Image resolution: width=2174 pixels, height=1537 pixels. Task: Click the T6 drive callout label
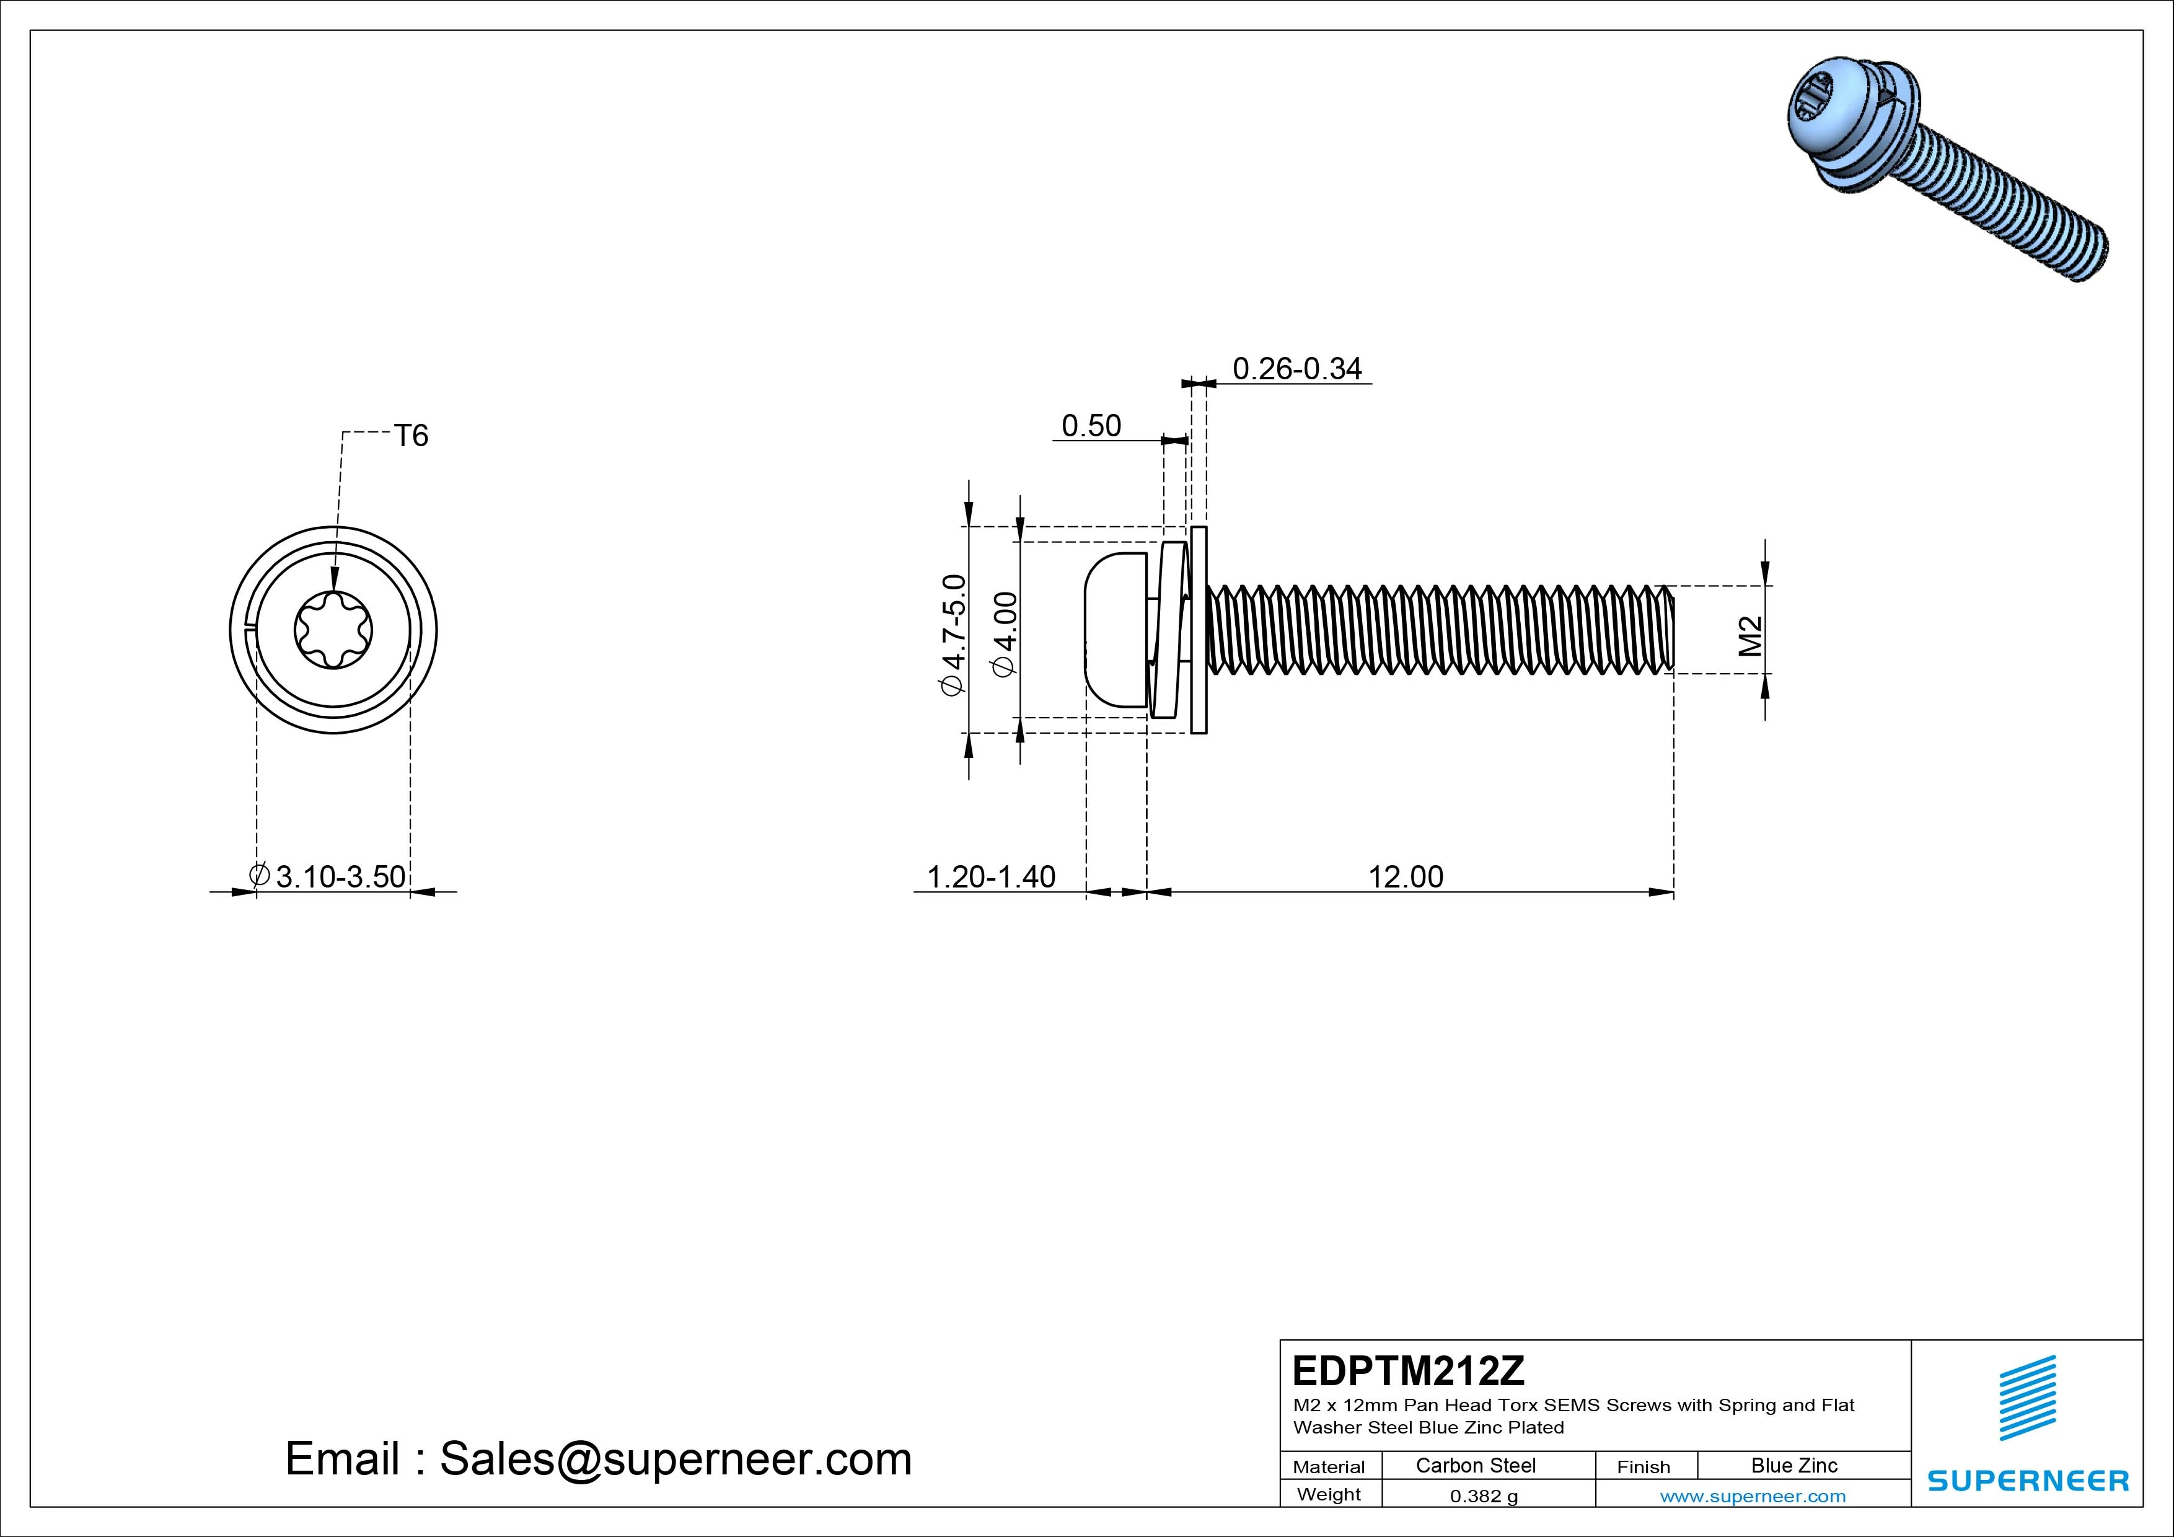tap(411, 436)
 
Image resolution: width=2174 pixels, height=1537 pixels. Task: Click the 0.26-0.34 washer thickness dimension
tap(1296, 368)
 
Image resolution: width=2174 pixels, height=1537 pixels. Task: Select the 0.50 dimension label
tap(1091, 426)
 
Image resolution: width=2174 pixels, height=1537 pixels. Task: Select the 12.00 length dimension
tap(1406, 877)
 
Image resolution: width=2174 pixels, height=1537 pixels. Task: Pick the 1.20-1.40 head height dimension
tap(990, 877)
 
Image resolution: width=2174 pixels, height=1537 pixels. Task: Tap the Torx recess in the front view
tap(333, 630)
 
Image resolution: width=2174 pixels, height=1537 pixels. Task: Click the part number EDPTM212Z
tap(1408, 1370)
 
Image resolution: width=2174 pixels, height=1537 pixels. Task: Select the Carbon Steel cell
tap(1475, 1466)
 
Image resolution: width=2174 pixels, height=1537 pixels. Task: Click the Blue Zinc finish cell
tap(1793, 1466)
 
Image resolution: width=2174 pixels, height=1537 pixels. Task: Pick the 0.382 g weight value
tap(1484, 1496)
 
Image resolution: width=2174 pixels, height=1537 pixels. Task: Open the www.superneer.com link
tap(1753, 1496)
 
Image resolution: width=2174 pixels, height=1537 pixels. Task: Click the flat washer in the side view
tap(1199, 630)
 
